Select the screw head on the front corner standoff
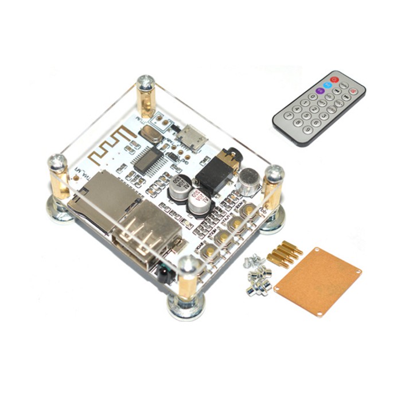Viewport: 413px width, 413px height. pyautogui.click(x=188, y=265)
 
